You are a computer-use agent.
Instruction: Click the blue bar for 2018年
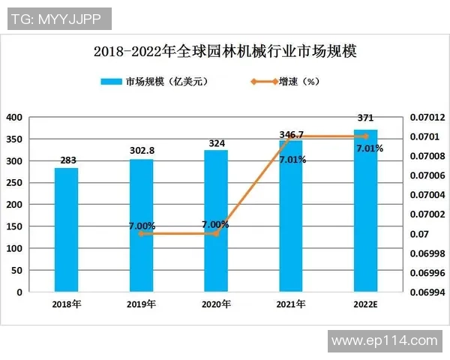[66, 229]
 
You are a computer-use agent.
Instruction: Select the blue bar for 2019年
[141, 225]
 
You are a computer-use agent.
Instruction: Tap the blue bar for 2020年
[216, 220]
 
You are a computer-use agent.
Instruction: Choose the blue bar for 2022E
[366, 210]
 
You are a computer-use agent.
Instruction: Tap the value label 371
[366, 118]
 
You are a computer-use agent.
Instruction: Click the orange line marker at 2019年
[141, 234]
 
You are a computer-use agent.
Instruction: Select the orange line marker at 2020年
[216, 234]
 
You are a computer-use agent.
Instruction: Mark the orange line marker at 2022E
[366, 136]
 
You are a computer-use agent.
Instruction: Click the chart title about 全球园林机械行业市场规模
[225, 52]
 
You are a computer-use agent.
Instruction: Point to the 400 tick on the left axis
[14, 117]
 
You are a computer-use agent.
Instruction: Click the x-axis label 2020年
[216, 304]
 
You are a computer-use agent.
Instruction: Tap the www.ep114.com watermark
[384, 340]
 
